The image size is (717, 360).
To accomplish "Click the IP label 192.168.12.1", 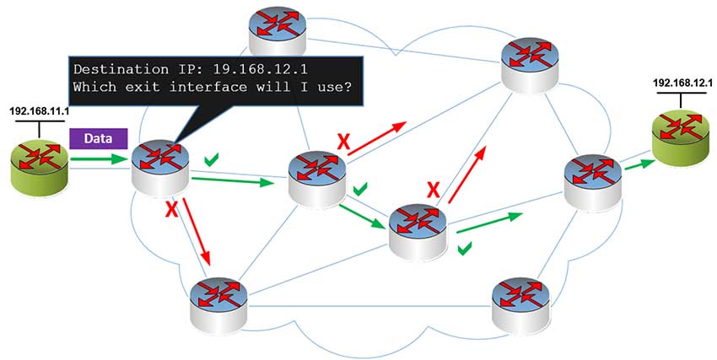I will click(683, 83).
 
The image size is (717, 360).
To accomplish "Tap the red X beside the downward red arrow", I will click(171, 207).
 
